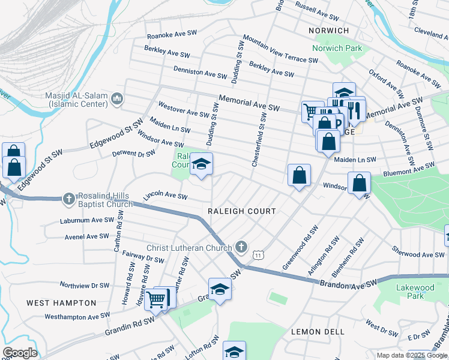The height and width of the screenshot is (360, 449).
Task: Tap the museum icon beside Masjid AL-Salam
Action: tap(117, 98)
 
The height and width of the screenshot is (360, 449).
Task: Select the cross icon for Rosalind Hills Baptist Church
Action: tap(69, 199)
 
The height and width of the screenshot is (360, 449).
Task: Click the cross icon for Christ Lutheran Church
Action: tap(241, 247)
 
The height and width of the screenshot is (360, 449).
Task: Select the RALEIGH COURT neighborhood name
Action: tap(241, 211)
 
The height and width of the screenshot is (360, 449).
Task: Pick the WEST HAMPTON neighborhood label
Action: tap(61, 303)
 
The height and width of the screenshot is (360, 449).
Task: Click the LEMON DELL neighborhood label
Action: tap(318, 332)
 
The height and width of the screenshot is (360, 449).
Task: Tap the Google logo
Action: tap(19, 353)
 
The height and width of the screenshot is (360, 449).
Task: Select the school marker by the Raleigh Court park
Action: tap(202, 164)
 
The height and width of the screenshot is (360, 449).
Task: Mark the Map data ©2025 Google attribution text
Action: tap(412, 355)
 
